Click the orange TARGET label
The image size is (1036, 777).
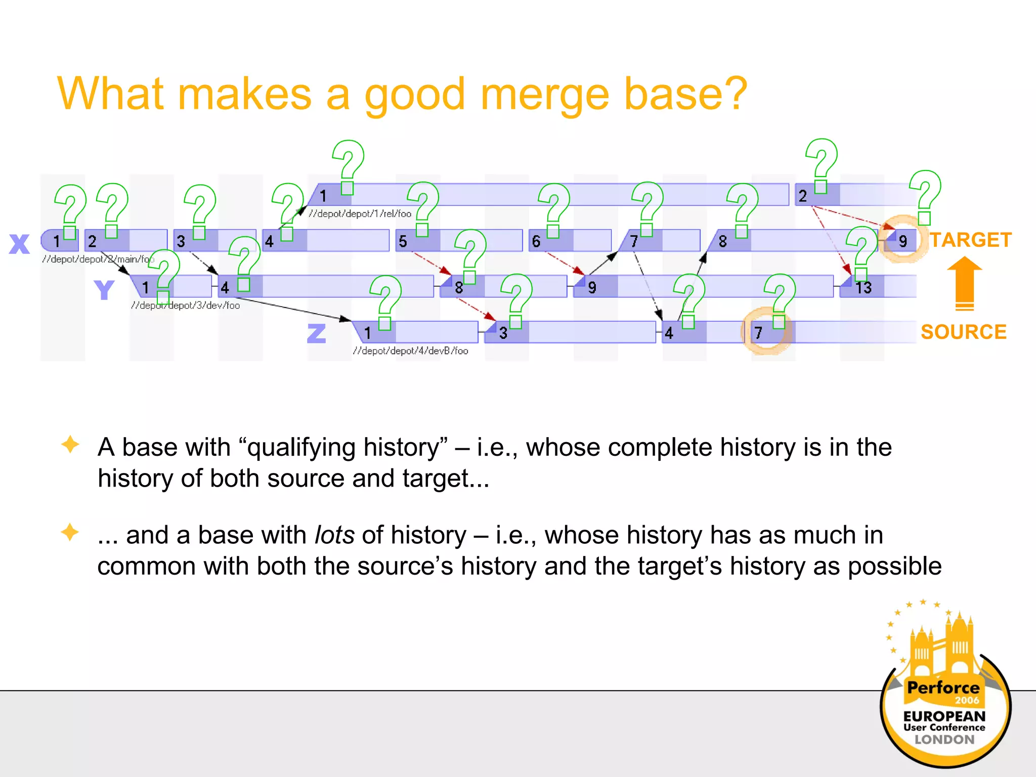970,240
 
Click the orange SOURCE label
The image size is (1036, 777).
963,332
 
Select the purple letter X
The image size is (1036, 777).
20,244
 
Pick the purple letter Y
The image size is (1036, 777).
104,290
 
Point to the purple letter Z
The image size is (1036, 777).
317,334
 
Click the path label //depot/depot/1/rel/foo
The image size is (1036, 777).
360,213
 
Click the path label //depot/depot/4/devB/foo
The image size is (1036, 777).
410,351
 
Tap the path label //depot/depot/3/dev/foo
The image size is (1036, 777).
185,305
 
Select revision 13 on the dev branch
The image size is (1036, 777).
864,287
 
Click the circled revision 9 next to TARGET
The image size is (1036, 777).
902,241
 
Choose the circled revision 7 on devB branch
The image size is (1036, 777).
758,333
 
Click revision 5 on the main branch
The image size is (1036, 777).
403,241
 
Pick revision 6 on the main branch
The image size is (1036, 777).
536,241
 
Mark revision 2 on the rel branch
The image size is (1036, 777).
803,196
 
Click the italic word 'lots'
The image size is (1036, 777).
334,535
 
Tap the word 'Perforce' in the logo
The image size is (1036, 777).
943,687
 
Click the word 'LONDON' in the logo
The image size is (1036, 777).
944,740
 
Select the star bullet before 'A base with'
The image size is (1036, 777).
70,445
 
